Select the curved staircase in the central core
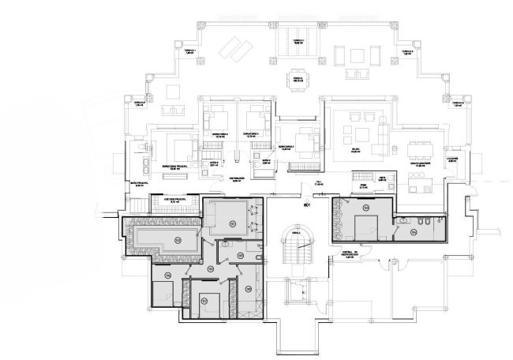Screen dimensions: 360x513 tap(297, 251)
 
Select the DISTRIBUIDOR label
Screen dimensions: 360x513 tap(240, 179)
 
